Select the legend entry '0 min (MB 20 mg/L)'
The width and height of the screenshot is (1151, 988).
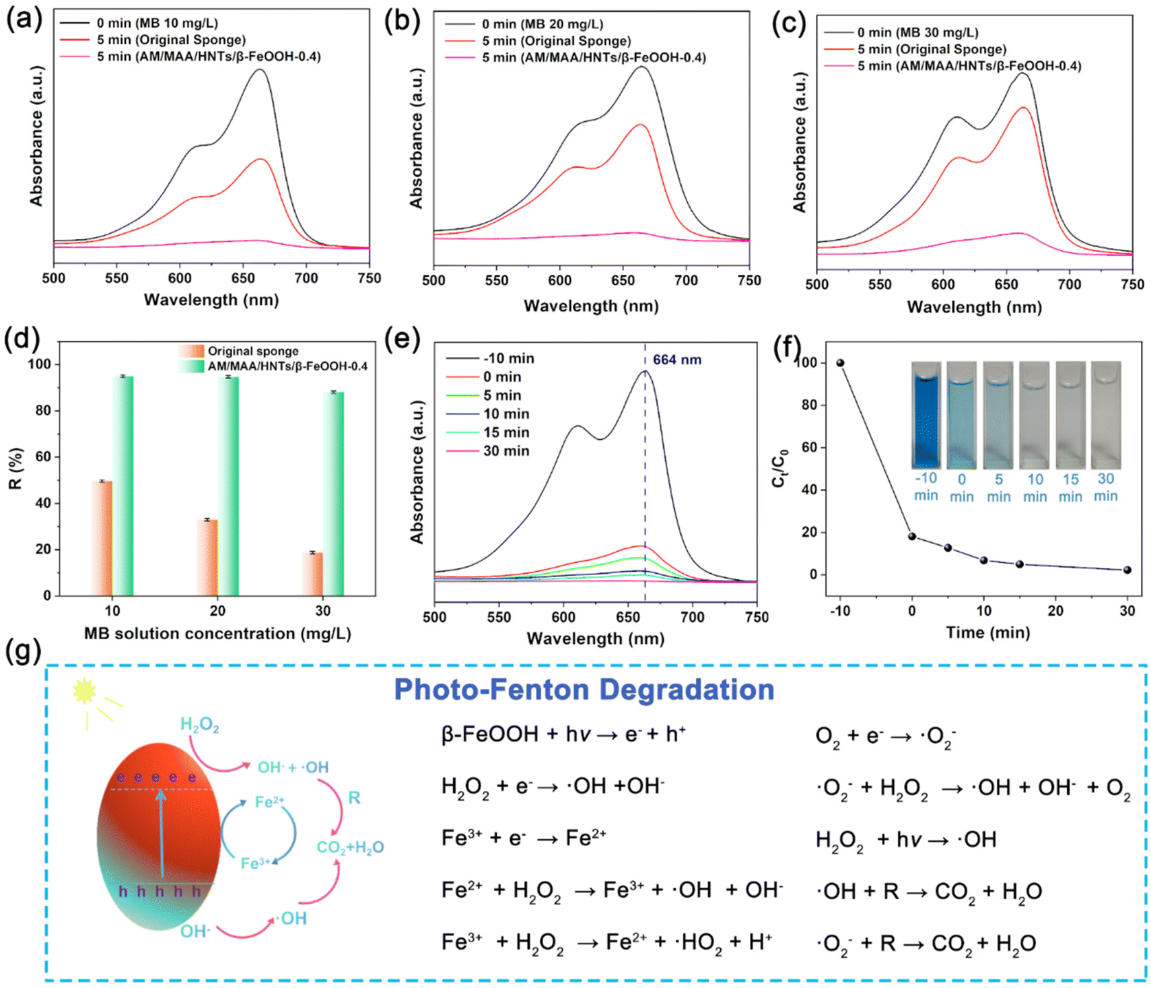(524, 24)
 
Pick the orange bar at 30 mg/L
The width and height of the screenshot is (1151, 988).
(312, 574)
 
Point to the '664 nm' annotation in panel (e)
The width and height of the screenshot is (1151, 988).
(676, 360)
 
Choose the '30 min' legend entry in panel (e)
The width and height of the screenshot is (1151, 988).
(487, 451)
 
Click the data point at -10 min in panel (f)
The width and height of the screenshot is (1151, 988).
(840, 363)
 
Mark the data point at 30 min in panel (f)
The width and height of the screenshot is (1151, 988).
(1127, 570)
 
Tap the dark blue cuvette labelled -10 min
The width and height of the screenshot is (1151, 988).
(926, 415)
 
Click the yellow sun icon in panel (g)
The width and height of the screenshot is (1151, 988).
(85, 692)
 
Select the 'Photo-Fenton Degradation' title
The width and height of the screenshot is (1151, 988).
(584, 690)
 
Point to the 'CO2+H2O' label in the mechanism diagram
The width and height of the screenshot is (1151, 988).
(350, 847)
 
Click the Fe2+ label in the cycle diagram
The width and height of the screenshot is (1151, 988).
(269, 801)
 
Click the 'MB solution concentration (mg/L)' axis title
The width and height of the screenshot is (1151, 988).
(217, 634)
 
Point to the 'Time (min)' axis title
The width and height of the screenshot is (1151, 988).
(987, 632)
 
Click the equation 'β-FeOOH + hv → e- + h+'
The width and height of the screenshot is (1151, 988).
(563, 734)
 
